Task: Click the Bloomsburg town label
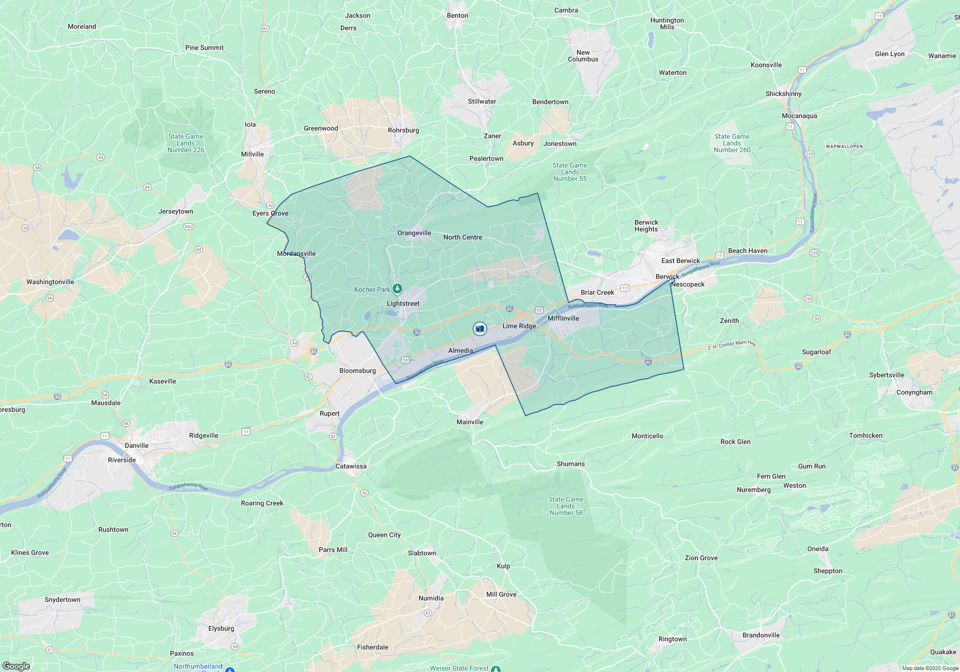click(x=358, y=371)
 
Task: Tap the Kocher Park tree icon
click(x=397, y=288)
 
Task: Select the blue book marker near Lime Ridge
click(x=480, y=329)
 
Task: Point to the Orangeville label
click(x=414, y=233)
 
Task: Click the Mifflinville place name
click(x=563, y=318)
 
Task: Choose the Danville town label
click(x=136, y=445)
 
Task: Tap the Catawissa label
click(x=351, y=466)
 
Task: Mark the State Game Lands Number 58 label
click(x=566, y=506)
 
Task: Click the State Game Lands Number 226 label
click(x=186, y=143)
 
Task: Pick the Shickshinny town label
click(x=783, y=94)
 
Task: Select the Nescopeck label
click(x=688, y=284)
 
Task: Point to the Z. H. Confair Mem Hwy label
click(x=732, y=345)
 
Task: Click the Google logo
click(x=16, y=666)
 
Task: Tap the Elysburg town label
click(x=221, y=628)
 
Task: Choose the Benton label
click(x=457, y=15)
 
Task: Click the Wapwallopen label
click(x=844, y=146)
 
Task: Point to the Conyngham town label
click(x=914, y=392)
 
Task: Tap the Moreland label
click(x=82, y=26)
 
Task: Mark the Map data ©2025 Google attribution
click(x=930, y=668)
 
